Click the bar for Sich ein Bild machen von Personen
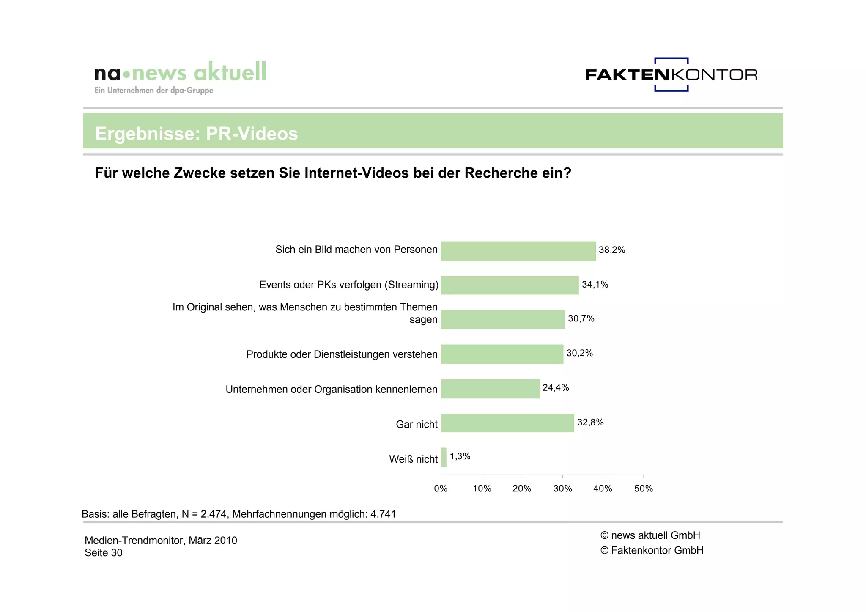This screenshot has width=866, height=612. click(518, 251)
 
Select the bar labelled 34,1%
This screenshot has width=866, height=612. click(510, 285)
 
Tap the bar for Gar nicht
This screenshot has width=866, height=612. click(507, 423)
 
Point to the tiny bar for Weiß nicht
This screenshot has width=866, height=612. click(444, 457)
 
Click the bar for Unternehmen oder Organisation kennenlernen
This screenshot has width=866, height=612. click(490, 389)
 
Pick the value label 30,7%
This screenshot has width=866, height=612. click(581, 318)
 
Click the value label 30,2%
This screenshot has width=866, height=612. click(579, 353)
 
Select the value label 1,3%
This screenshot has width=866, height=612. click(460, 456)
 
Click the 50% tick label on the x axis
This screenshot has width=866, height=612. click(643, 489)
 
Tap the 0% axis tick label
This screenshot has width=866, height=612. click(441, 489)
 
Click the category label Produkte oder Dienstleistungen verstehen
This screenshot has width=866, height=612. click(342, 354)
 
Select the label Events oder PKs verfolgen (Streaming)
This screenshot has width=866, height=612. click(349, 285)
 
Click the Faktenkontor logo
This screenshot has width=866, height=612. click(671, 74)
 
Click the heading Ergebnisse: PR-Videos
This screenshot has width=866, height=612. click(196, 134)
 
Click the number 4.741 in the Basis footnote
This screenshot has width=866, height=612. click(383, 514)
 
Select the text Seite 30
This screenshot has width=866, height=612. click(103, 553)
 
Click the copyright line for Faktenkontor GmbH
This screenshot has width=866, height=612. click(652, 550)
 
